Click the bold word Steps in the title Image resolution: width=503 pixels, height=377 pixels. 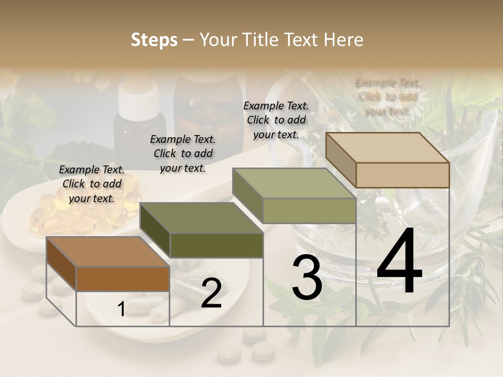point(154,40)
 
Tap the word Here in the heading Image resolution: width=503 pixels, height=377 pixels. point(343,40)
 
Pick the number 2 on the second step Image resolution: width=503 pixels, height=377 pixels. point(211,293)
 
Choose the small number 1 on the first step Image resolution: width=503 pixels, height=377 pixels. point(122,309)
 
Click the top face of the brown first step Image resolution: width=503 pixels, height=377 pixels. point(107,252)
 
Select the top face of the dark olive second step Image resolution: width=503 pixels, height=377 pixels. point(201,218)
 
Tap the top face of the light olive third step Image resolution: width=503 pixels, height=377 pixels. point(294,183)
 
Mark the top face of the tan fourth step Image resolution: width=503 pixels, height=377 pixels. point(387,148)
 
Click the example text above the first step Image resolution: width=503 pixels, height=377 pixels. point(92,184)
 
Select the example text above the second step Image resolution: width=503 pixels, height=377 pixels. point(183,153)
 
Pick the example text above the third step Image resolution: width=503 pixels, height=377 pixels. point(276,120)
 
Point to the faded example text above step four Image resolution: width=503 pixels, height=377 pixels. point(388,97)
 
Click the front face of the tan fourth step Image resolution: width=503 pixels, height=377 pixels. point(402,175)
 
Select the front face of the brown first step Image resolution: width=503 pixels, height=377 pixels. point(123,279)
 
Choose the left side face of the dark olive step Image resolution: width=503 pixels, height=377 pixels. point(155,230)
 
